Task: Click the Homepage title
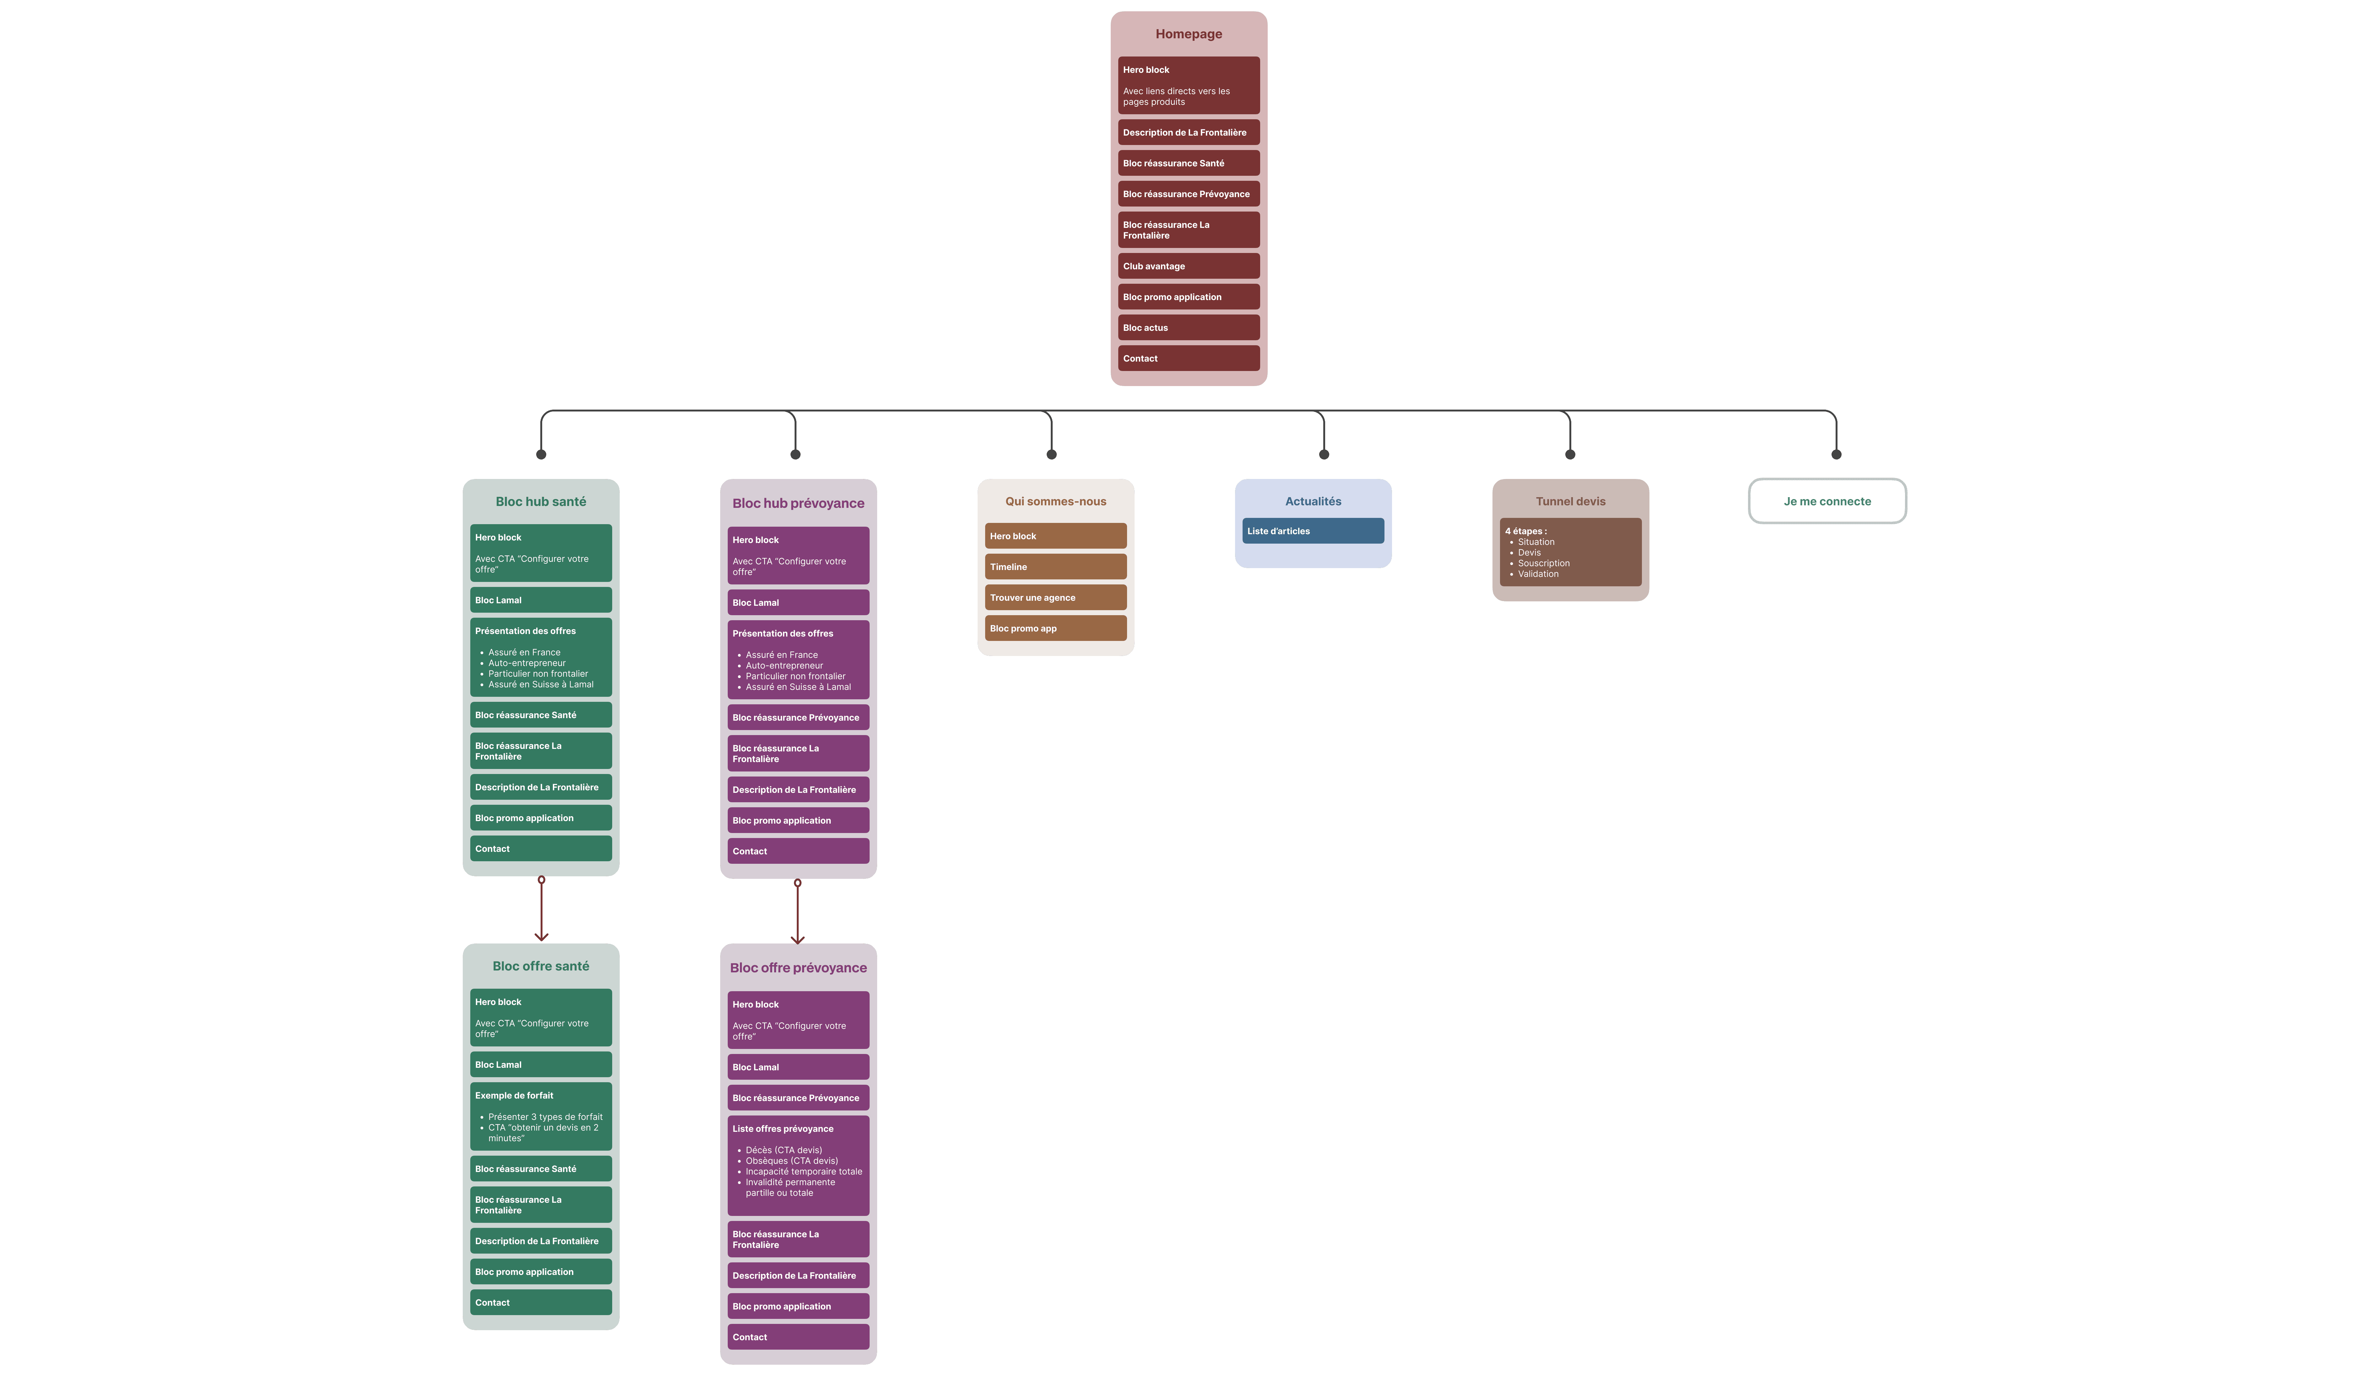pos(1188,34)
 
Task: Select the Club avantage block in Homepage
pos(1188,266)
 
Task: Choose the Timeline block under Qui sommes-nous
pos(1055,567)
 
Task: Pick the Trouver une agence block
pos(1055,598)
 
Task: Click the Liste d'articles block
pos(1312,531)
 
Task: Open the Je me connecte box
pos(1827,501)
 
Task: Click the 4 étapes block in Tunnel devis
pos(1570,553)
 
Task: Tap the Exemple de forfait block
pos(541,1117)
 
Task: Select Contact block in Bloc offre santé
pos(541,1303)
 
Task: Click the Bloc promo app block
pos(1055,629)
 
